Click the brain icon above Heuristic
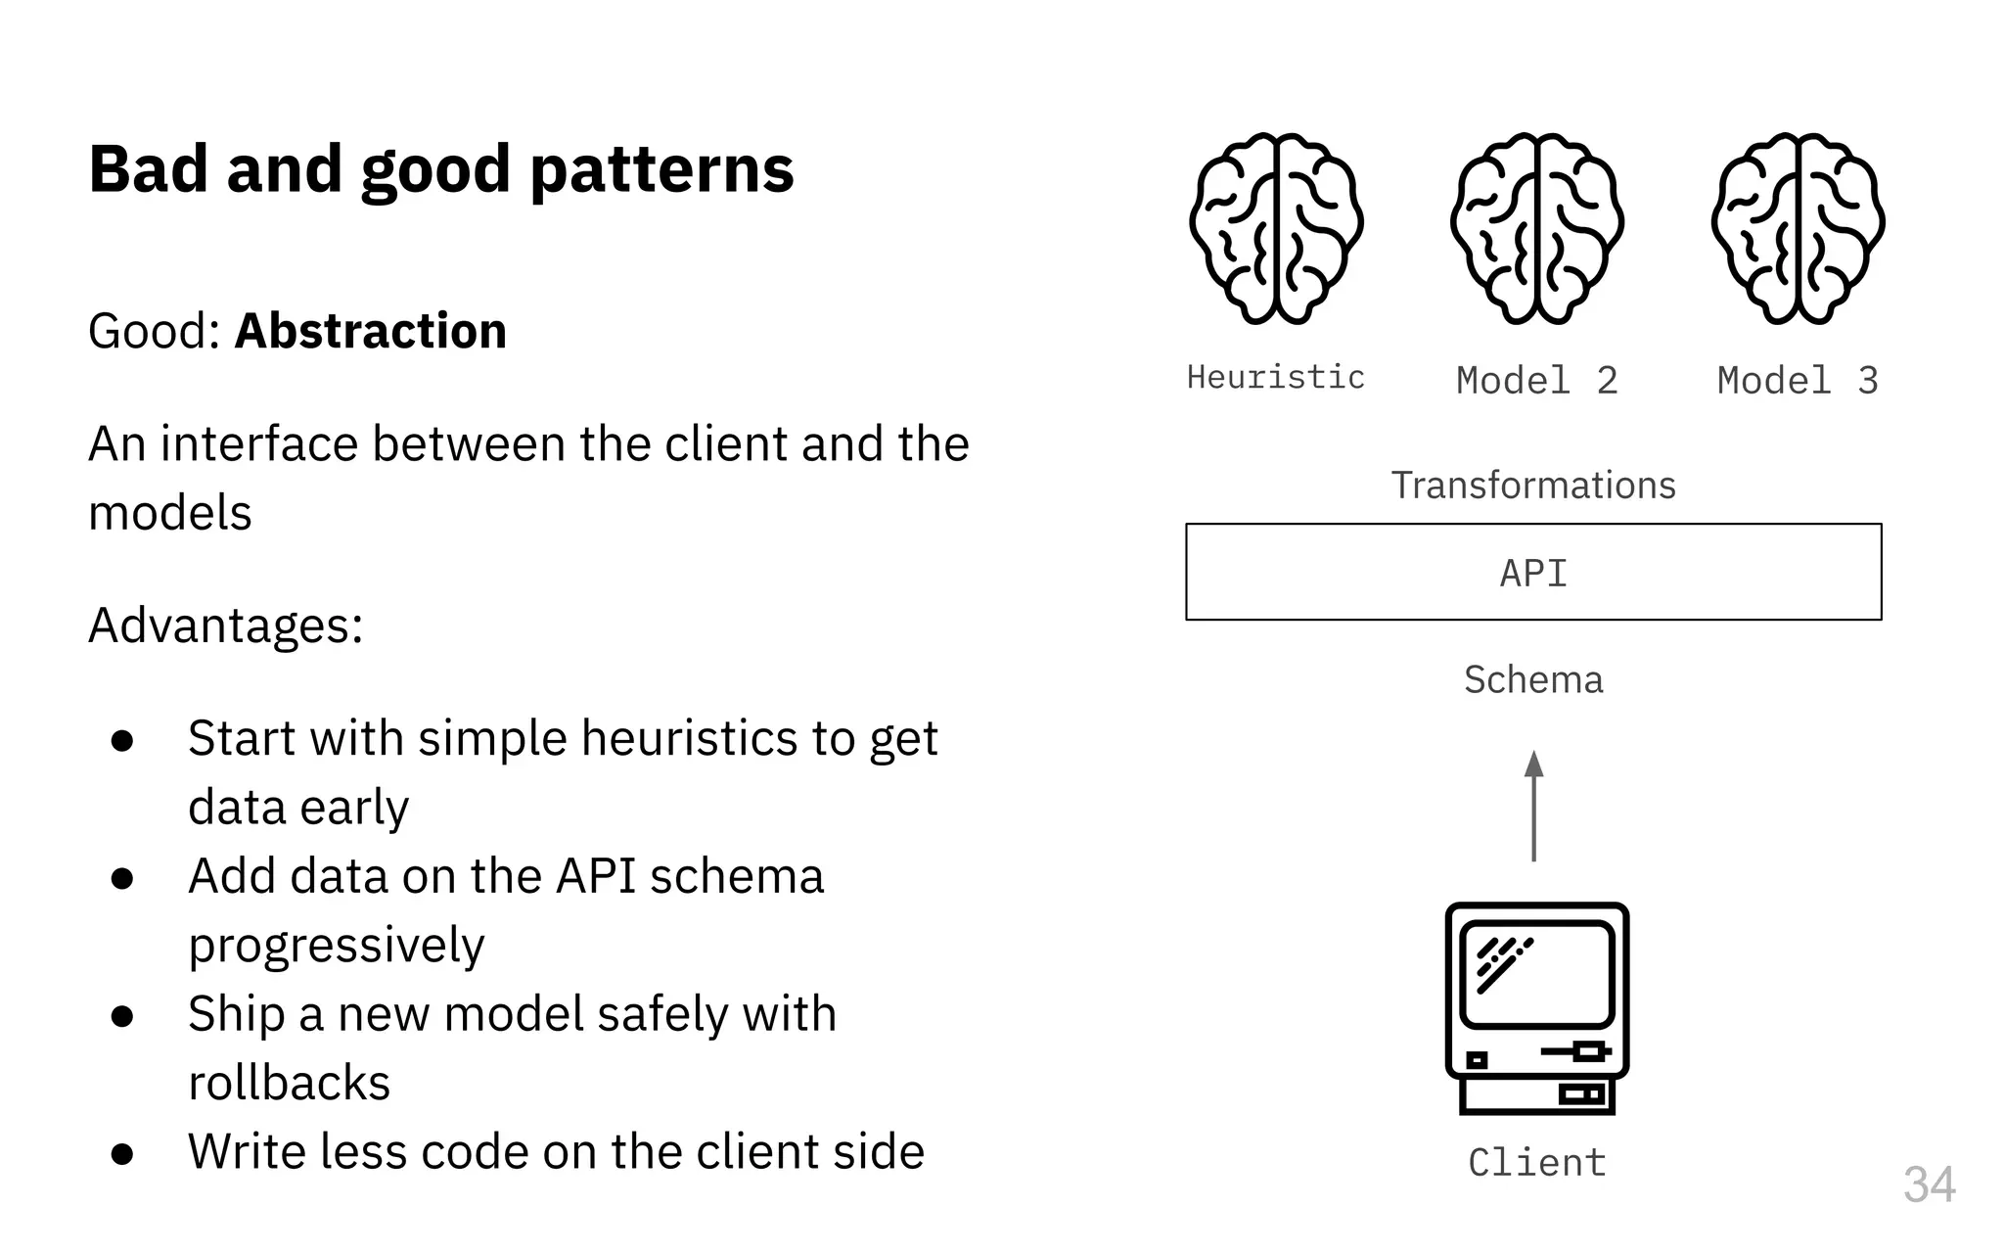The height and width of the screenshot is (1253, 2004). coord(1276,229)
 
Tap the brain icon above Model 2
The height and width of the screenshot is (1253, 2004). coord(1536,229)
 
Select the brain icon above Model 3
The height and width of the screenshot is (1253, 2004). coord(1798,229)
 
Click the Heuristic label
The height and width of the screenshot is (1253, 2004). coord(1276,377)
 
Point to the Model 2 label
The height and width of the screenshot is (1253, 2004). coord(1536,380)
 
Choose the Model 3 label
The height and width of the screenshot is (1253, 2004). coord(1798,380)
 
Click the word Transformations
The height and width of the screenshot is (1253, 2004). coord(1533,486)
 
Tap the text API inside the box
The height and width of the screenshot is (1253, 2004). coord(1533,573)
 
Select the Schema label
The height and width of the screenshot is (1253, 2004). coord(1533,679)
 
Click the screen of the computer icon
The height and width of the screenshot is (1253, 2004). coord(1536,973)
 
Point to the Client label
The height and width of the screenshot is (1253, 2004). coord(1536,1162)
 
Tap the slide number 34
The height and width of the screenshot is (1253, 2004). coord(1929,1184)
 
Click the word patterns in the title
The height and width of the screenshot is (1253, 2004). coord(661,170)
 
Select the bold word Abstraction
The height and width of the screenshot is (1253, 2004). coord(371,331)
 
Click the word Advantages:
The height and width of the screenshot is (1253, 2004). coord(226,625)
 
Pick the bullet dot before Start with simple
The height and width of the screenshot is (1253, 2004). coord(122,740)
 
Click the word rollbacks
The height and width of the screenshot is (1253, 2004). coord(290,1083)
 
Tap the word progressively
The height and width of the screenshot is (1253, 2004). coord(337,946)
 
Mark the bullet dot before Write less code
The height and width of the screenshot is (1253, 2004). coord(122,1153)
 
